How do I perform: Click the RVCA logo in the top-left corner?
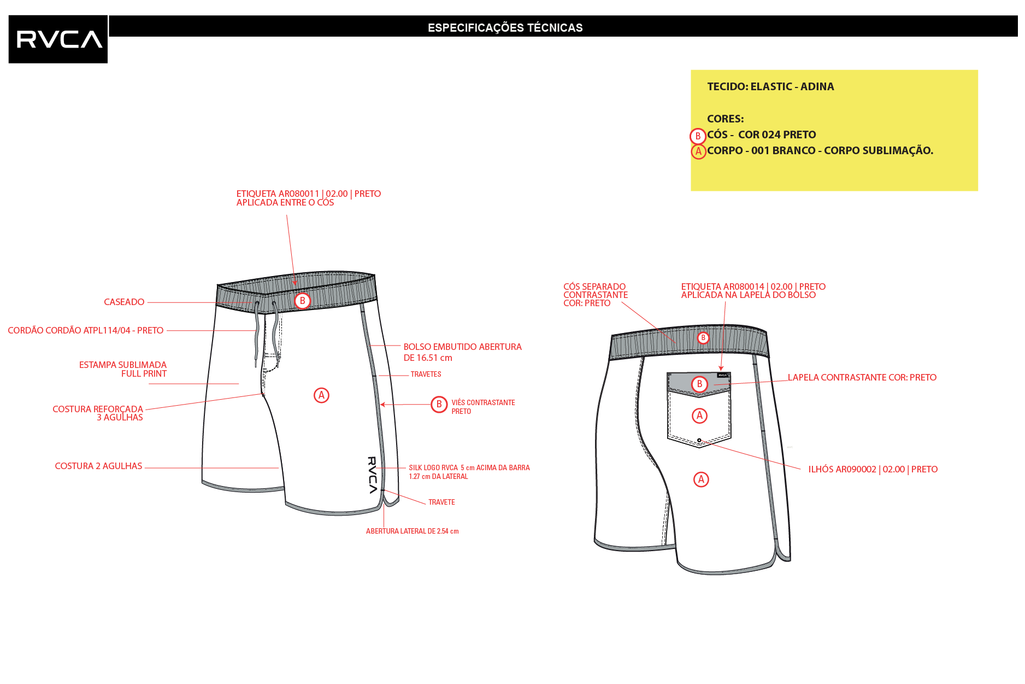click(58, 39)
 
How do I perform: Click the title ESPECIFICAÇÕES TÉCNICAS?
click(505, 27)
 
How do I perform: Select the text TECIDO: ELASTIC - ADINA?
click(770, 86)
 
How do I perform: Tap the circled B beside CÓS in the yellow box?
click(698, 136)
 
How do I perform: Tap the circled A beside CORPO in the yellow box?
click(698, 151)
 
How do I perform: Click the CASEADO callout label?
click(124, 302)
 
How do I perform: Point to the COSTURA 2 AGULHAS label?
click(98, 466)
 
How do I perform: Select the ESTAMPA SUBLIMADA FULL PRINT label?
click(123, 369)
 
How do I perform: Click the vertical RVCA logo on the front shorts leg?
click(372, 475)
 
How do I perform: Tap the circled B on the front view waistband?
click(302, 301)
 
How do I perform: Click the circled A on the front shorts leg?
click(321, 395)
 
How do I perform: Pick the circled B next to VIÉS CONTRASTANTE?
click(439, 405)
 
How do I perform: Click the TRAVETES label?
click(426, 375)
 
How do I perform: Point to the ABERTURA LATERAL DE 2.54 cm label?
click(413, 531)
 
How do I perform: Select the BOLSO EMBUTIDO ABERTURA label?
click(462, 347)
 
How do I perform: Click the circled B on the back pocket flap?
click(699, 384)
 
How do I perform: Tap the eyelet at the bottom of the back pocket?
click(699, 440)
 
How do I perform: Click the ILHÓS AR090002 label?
click(873, 469)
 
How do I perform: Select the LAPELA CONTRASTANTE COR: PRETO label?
click(862, 377)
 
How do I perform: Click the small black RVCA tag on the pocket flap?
click(723, 375)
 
